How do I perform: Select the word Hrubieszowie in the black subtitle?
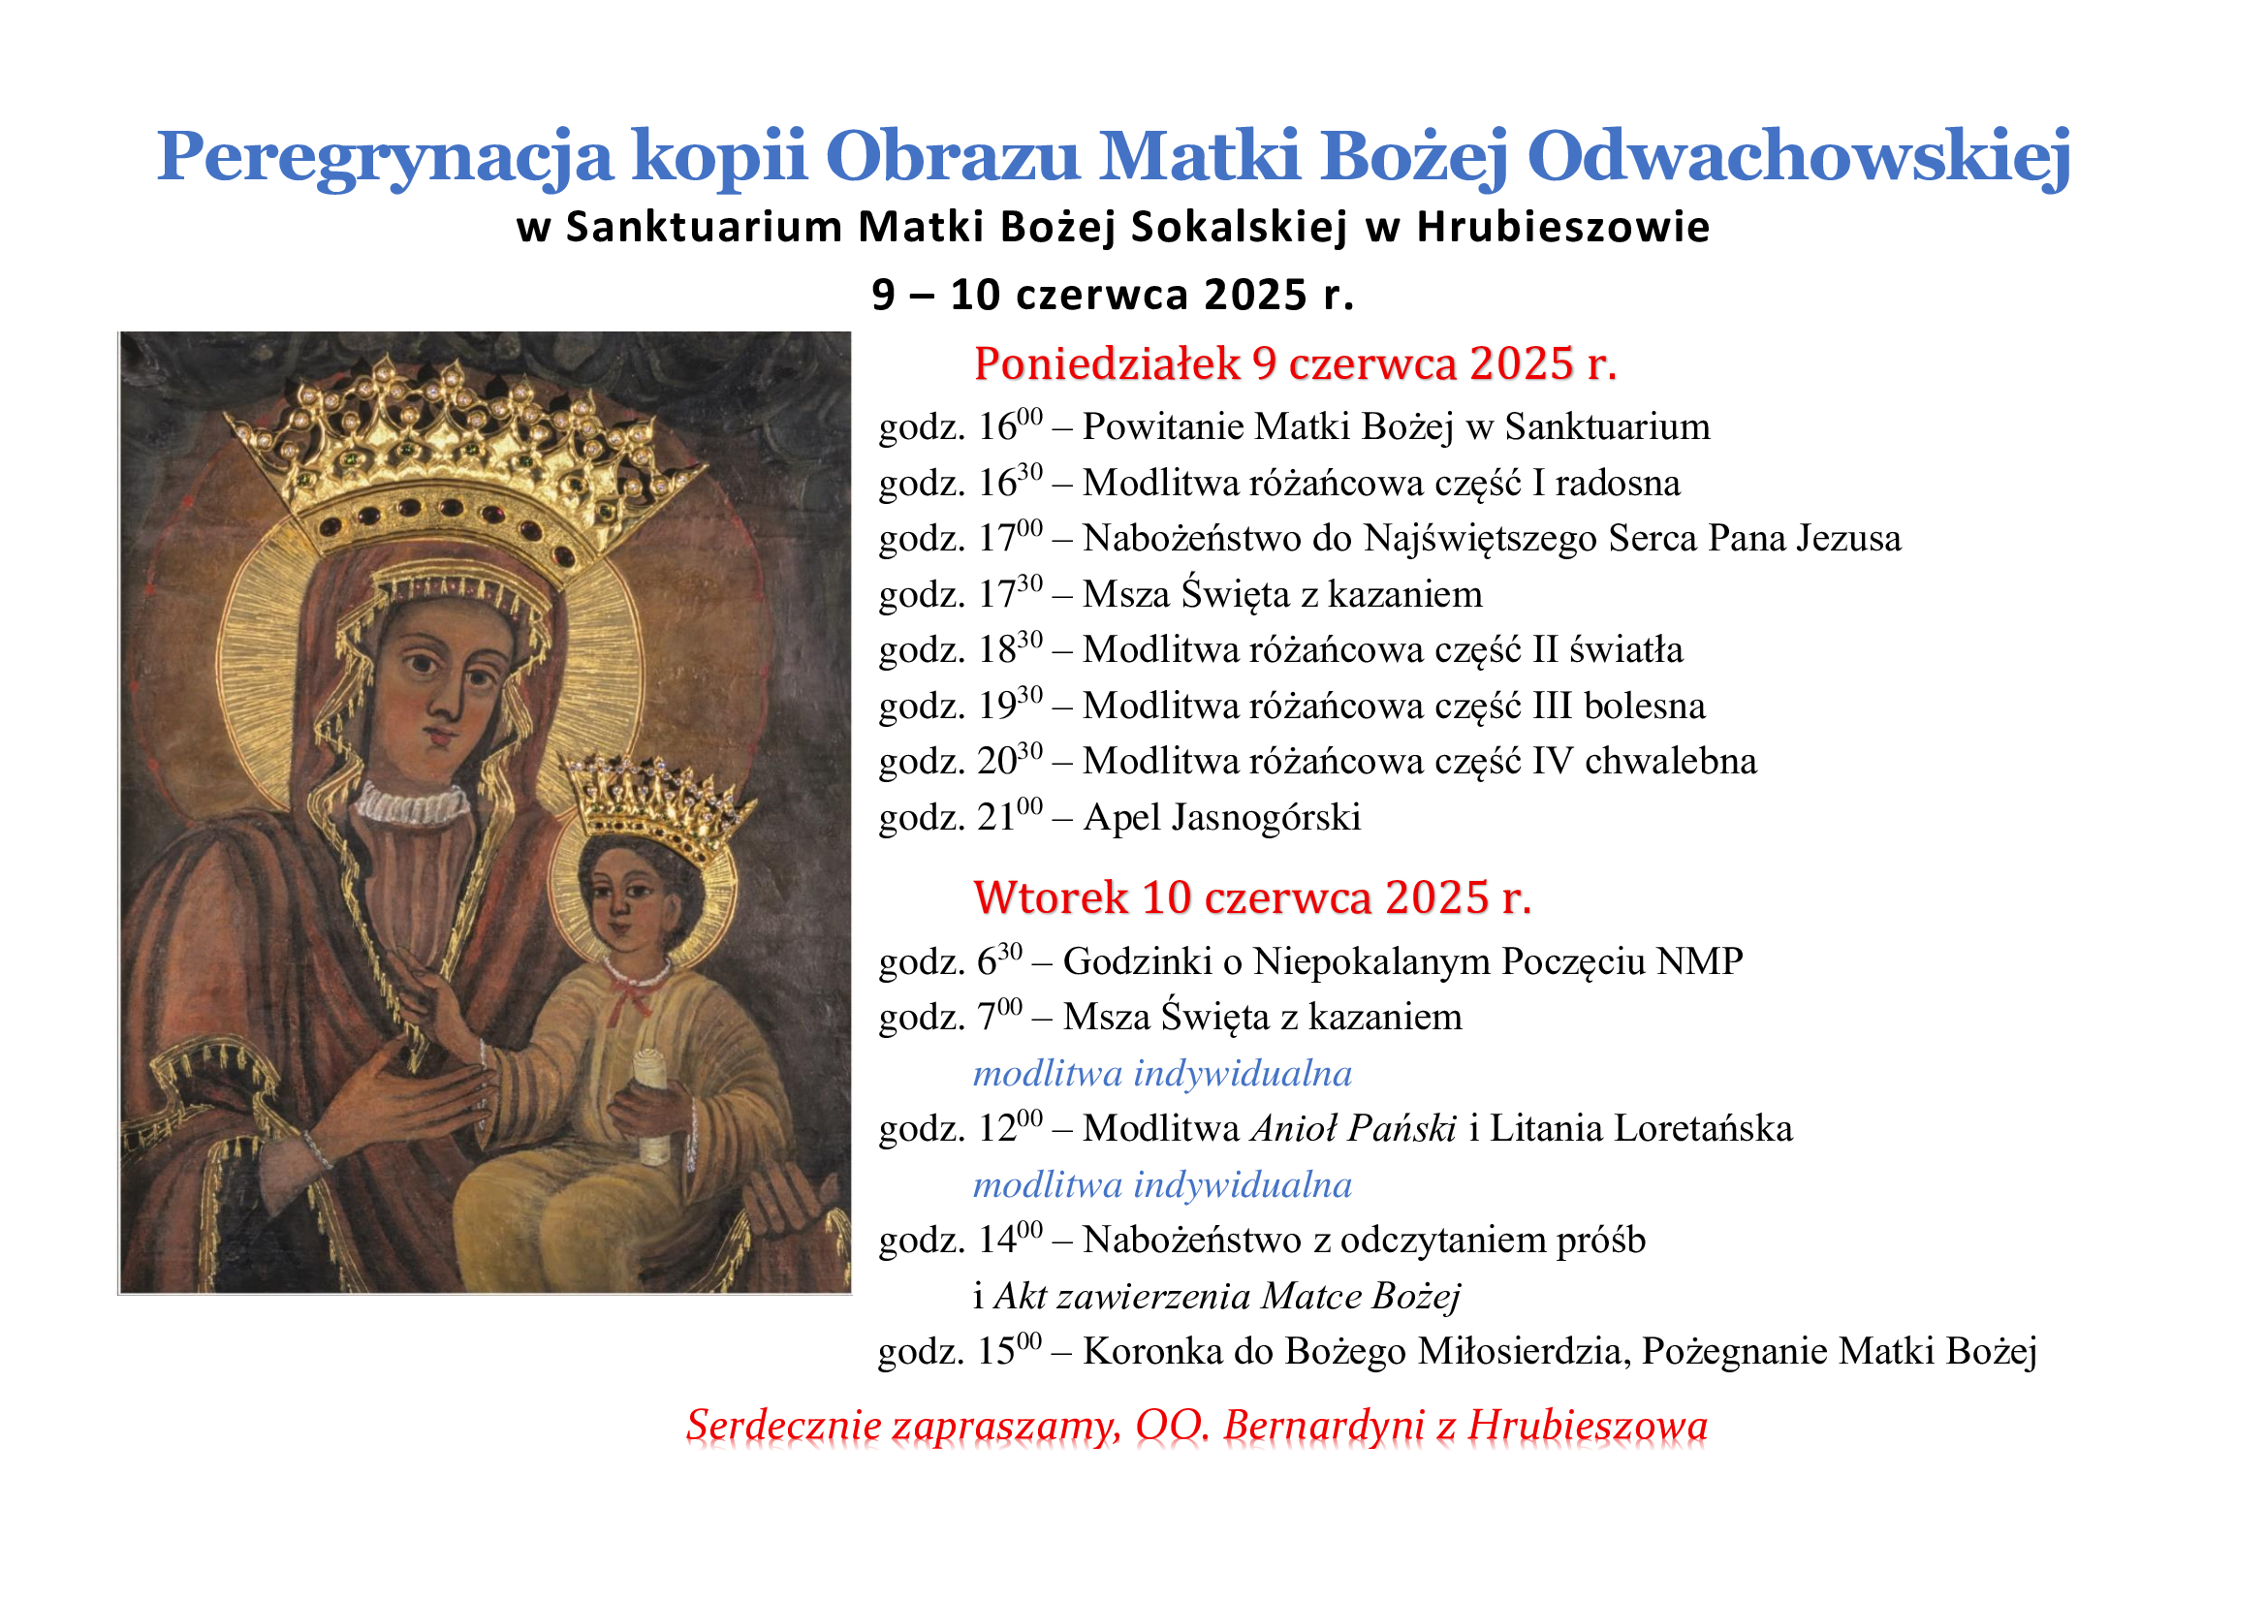[1563, 227]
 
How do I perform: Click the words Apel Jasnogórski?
[1221, 817]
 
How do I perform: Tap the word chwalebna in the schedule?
[1671, 761]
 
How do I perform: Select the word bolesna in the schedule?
[1645, 706]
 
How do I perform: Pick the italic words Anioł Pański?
[1353, 1128]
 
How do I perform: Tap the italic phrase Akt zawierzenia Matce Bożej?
[1226, 1297]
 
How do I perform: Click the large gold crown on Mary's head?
[464, 464]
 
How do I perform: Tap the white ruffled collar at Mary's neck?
[412, 803]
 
